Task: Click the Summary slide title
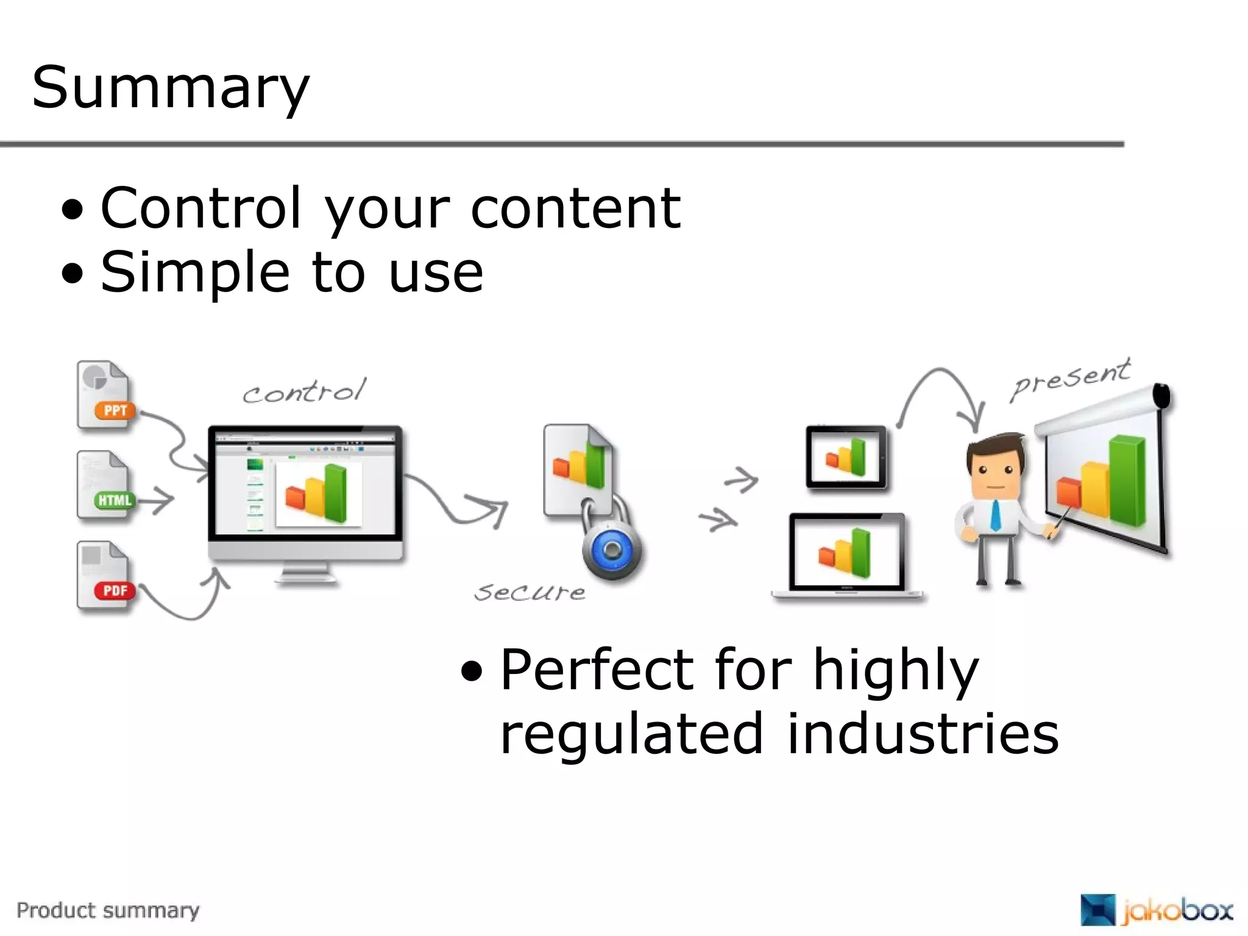click(171, 88)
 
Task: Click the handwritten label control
click(305, 391)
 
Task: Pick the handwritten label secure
click(530, 592)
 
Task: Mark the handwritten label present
click(1071, 378)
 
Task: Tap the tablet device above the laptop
click(846, 457)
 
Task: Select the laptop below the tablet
click(847, 555)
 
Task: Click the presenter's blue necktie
click(996, 516)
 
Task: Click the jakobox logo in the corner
click(1155, 910)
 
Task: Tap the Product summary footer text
click(108, 910)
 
